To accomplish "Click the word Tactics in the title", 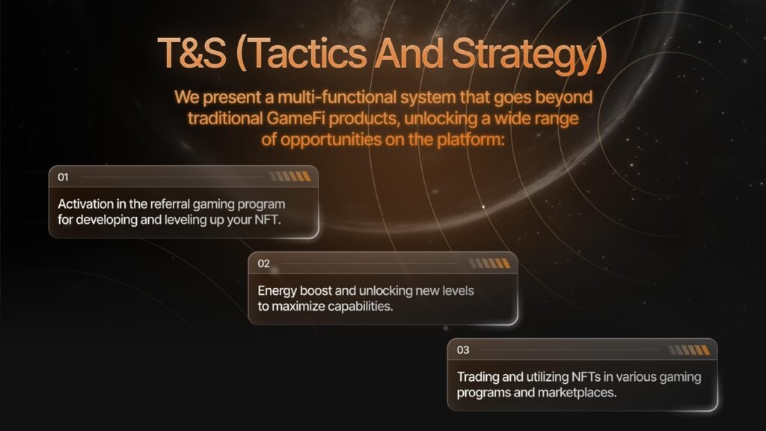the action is pyautogui.click(x=309, y=53).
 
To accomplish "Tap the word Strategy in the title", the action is pyautogui.click(x=530, y=55).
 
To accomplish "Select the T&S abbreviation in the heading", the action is pyautogui.click(x=192, y=53).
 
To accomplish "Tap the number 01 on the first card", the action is pyautogui.click(x=63, y=177).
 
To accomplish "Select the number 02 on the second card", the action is pyautogui.click(x=264, y=263).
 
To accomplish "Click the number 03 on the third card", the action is pyautogui.click(x=463, y=350).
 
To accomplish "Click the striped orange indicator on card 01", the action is pyautogui.click(x=290, y=177).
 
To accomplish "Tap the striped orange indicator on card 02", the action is pyautogui.click(x=489, y=263).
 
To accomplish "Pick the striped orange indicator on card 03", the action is pyautogui.click(x=689, y=350).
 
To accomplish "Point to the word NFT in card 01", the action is pyautogui.click(x=267, y=219).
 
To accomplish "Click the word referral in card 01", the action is pyautogui.click(x=170, y=204).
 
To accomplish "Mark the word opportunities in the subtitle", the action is pyautogui.click(x=331, y=140).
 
